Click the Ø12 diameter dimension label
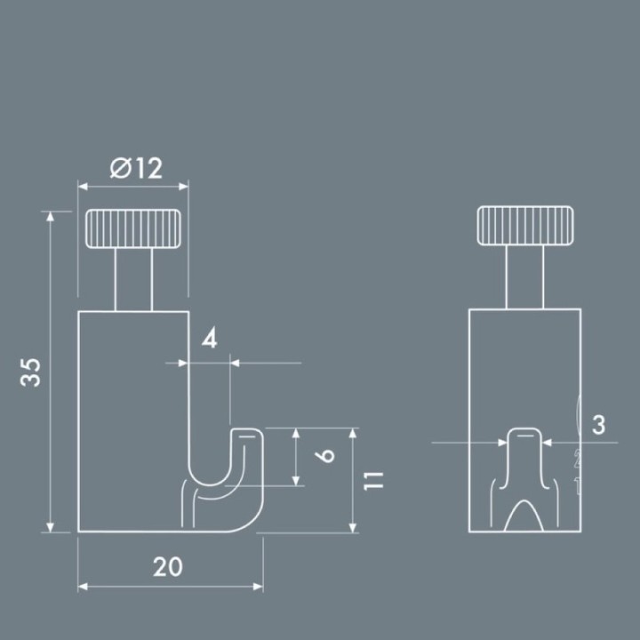(x=136, y=168)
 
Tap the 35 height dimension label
(x=31, y=372)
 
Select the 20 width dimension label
(x=168, y=566)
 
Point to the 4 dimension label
(x=210, y=339)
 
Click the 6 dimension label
(x=325, y=456)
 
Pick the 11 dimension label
(x=374, y=481)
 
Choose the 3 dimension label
(x=598, y=425)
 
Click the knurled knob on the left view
(x=133, y=228)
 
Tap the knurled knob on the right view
(x=525, y=226)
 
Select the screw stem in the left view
(x=133, y=280)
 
